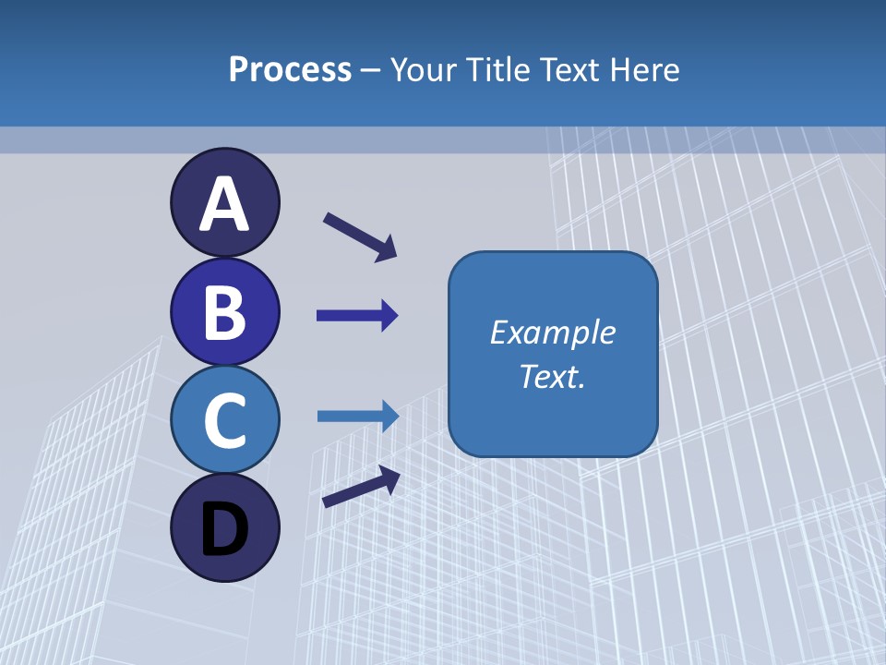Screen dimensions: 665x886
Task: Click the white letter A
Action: pos(224,204)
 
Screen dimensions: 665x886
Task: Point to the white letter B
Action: pos(224,312)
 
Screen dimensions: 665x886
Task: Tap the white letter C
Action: pos(224,420)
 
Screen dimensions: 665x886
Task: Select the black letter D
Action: pos(224,529)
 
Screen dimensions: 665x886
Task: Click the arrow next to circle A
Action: pos(360,236)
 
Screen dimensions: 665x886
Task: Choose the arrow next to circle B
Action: pos(357,316)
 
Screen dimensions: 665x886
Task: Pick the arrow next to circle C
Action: pos(358,417)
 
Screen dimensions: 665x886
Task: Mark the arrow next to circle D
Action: pos(361,487)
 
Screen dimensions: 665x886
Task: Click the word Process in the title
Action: pos(290,69)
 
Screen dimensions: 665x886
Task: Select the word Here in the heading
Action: pos(645,69)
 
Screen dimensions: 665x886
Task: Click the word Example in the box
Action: pos(552,332)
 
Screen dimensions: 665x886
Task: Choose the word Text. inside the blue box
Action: pos(552,377)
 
